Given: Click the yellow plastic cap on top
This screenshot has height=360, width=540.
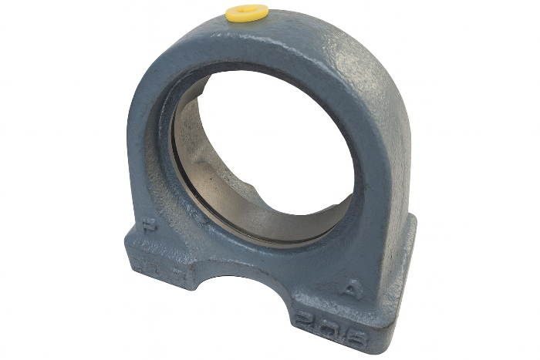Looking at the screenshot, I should coord(246,12).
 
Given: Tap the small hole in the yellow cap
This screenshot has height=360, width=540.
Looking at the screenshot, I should coord(245,10).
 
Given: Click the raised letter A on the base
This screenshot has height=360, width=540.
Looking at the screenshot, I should coord(350,291).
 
